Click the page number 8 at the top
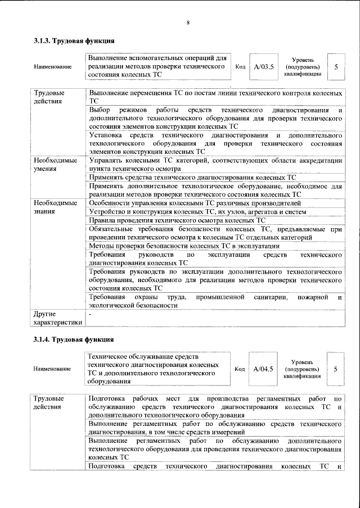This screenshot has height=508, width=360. click(x=188, y=22)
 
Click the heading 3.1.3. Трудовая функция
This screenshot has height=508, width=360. click(x=74, y=41)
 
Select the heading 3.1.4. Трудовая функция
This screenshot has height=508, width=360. click(x=74, y=340)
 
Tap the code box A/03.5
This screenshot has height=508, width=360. click(x=263, y=67)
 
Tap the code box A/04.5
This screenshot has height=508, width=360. click(x=263, y=369)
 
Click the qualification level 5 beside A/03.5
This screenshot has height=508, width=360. click(x=336, y=67)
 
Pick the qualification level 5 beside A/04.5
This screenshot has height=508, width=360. click(x=336, y=369)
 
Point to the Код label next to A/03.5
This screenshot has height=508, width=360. click(x=240, y=67)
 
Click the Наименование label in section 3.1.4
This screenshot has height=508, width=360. click(x=53, y=369)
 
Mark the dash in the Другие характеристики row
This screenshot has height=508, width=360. click(x=91, y=314)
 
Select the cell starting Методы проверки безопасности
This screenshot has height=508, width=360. click(x=184, y=246)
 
